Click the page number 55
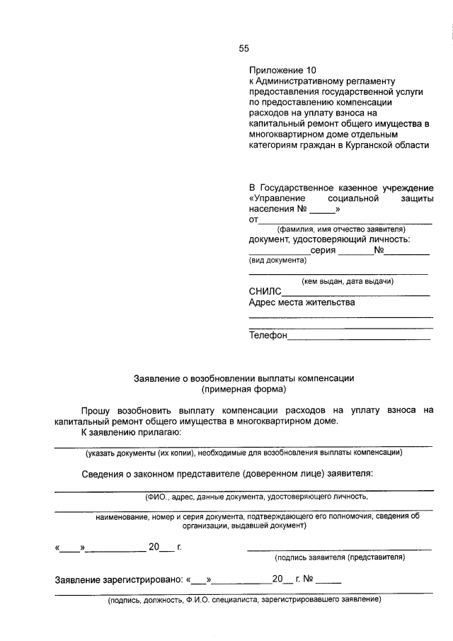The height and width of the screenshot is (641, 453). pyautogui.click(x=243, y=49)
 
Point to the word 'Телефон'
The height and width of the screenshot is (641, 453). pyautogui.click(x=268, y=335)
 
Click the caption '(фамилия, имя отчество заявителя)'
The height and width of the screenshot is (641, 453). pyautogui.click(x=340, y=229)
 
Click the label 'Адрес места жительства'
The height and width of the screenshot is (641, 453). pyautogui.click(x=302, y=302)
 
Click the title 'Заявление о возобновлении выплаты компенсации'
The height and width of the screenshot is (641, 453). pyautogui.click(x=243, y=378)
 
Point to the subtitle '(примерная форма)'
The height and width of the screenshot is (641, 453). pyautogui.click(x=243, y=390)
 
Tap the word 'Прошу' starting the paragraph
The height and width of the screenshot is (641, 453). pyautogui.click(x=99, y=409)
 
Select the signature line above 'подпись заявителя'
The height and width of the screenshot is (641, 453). pyautogui.click(x=340, y=550)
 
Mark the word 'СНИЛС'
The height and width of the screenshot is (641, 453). pyautogui.click(x=265, y=291)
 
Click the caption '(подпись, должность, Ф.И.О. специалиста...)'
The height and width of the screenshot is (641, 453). pyautogui.click(x=244, y=601)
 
